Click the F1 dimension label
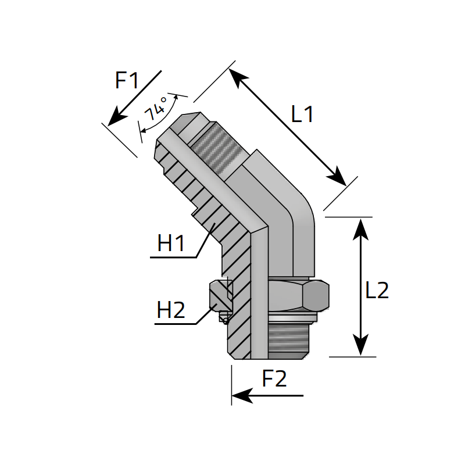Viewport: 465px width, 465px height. pyautogui.click(x=127, y=80)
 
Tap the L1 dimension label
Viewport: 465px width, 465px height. pyautogui.click(x=302, y=115)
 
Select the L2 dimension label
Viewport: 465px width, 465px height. pyautogui.click(x=377, y=290)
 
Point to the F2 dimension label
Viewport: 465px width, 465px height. pyautogui.click(x=274, y=380)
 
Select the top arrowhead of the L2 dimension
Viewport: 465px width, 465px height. pyautogui.click(x=362, y=227)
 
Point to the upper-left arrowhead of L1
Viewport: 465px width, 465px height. pyautogui.click(x=237, y=77)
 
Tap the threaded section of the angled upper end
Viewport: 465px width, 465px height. pyautogui.click(x=216, y=151)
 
